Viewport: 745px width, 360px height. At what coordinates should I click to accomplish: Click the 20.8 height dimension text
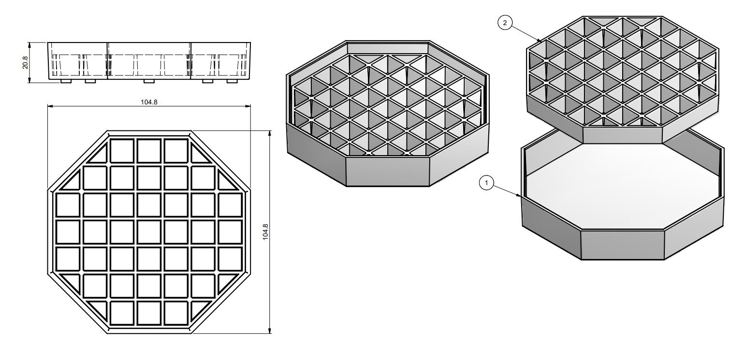[x=25, y=62]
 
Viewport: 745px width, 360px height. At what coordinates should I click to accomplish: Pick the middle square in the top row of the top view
[x=149, y=151]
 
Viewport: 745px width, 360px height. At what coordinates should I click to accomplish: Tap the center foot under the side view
[x=149, y=81]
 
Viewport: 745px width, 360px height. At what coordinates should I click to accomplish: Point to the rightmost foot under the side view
[x=233, y=81]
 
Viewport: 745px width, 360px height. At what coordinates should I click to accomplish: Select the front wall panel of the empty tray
[x=623, y=245]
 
